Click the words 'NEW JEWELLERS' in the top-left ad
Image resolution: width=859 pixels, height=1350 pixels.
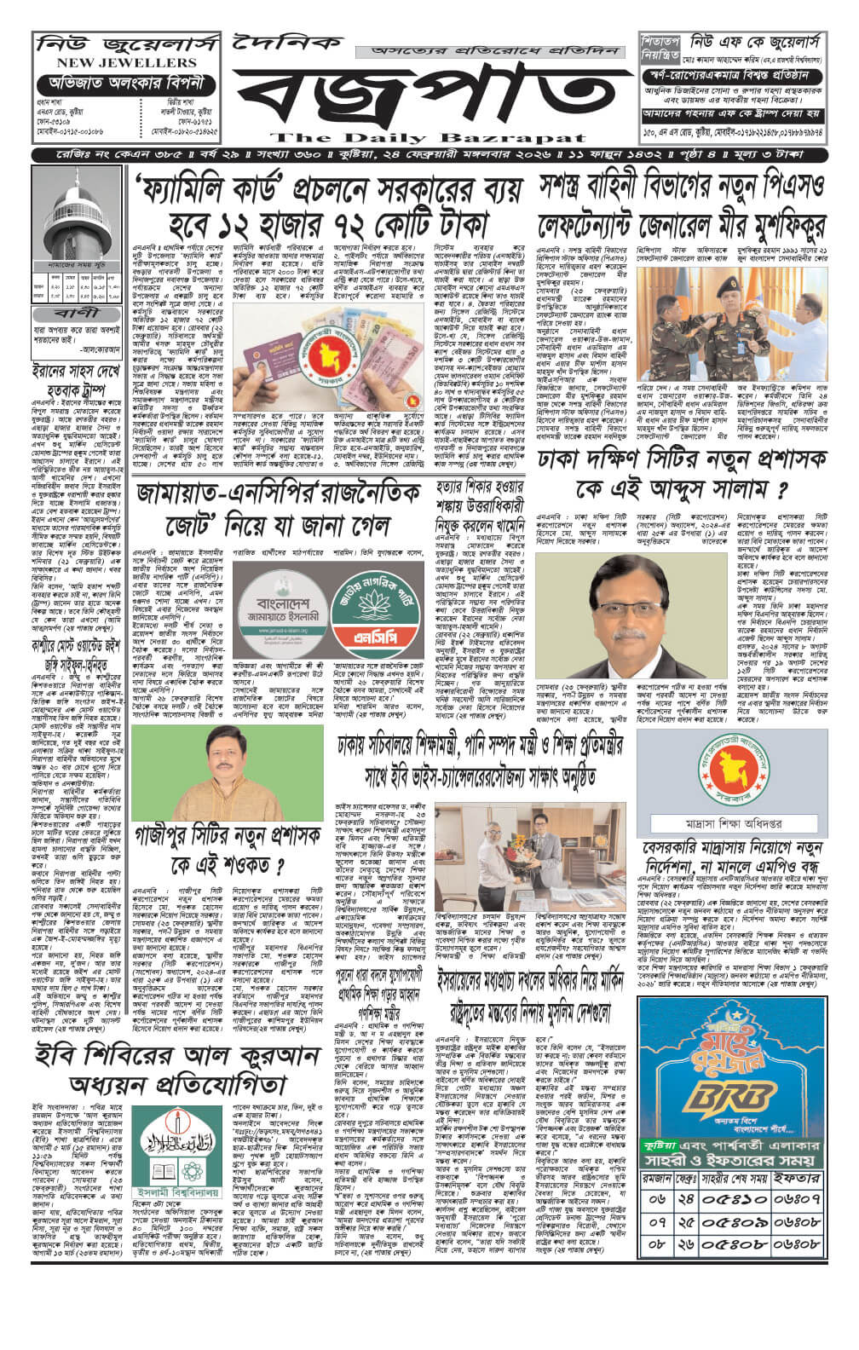115,63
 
